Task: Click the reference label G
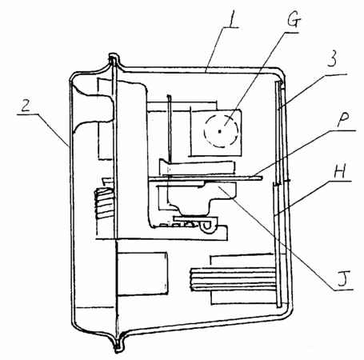pos(294,19)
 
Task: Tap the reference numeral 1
pos(233,18)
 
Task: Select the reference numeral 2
pos(26,106)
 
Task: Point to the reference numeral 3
pos(331,58)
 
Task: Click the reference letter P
pos(343,120)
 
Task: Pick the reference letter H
pos(340,171)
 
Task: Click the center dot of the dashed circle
pos(220,131)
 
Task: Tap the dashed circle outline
pos(205,131)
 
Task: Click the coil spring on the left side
pos(104,202)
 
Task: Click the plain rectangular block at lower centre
pos(142,274)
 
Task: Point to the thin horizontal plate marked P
pos(206,178)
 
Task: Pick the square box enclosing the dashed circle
pos(216,133)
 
